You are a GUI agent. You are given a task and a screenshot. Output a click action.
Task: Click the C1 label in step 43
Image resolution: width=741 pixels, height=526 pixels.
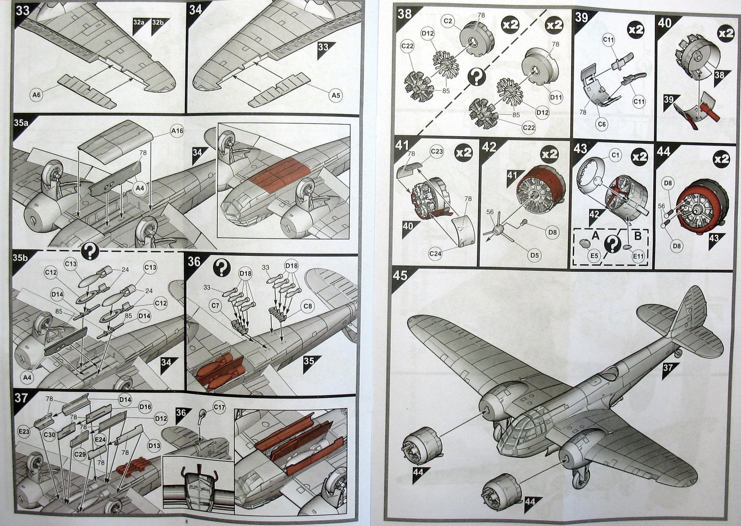coord(615,156)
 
